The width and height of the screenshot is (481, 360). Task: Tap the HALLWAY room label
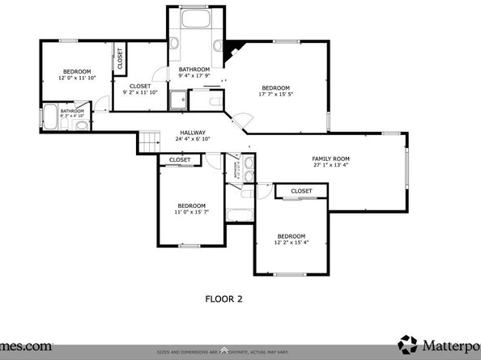pyautogui.click(x=193, y=133)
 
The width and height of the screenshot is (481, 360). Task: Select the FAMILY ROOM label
pyautogui.click(x=330, y=159)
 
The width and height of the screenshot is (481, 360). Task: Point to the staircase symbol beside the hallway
pyautogui.click(x=147, y=142)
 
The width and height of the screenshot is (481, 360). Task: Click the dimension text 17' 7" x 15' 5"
pyautogui.click(x=275, y=95)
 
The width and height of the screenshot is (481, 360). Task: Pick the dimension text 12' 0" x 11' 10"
pyautogui.click(x=77, y=78)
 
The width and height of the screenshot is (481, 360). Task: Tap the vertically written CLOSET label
pyautogui.click(x=120, y=58)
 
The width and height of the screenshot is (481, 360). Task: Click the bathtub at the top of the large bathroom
pyautogui.click(x=194, y=23)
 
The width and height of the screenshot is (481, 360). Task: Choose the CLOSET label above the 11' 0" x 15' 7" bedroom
pyautogui.click(x=180, y=160)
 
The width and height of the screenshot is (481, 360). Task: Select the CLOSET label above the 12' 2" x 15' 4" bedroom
pyautogui.click(x=301, y=191)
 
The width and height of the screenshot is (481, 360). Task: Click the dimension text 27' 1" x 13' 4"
pyautogui.click(x=330, y=165)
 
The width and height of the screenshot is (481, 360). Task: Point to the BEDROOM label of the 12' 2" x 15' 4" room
pyautogui.click(x=291, y=236)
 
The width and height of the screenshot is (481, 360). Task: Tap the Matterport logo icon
pyautogui.click(x=408, y=343)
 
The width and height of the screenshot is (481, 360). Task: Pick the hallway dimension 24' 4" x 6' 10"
pyautogui.click(x=193, y=139)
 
